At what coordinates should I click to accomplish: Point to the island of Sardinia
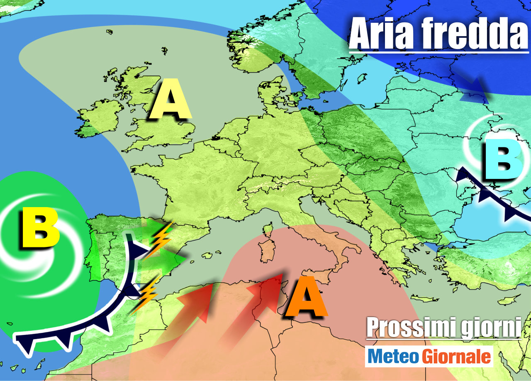[265, 252]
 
